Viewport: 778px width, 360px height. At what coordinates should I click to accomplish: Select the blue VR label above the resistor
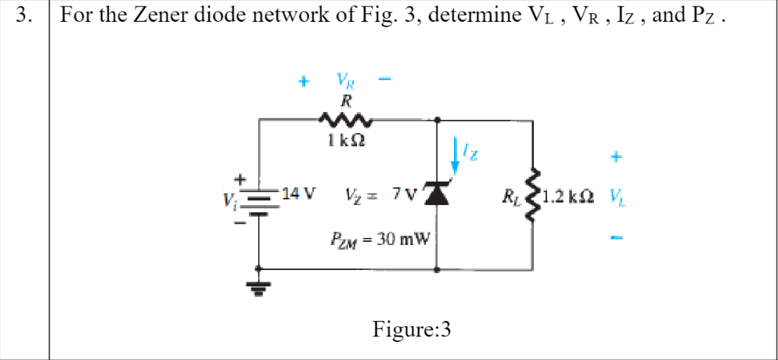point(344,80)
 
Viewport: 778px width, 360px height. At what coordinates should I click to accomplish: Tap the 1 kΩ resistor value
point(344,142)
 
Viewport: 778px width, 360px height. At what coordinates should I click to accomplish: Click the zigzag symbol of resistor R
point(344,120)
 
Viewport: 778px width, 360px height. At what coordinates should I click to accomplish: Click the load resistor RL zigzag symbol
point(534,193)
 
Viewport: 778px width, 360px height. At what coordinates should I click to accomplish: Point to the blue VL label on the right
point(618,194)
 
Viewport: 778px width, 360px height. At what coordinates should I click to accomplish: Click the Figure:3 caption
point(412,329)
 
